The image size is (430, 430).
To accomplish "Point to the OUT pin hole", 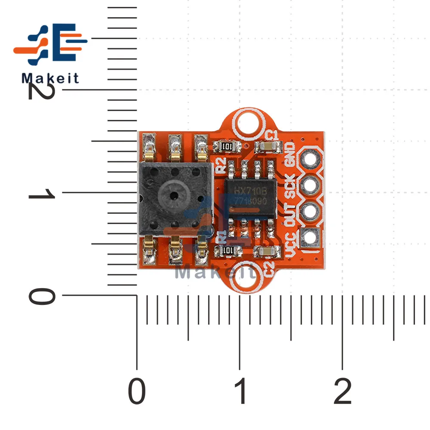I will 310,211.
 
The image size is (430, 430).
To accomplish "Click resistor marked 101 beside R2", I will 223,146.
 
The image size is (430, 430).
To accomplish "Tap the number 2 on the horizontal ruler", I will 343,391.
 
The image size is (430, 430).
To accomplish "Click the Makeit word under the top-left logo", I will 50,78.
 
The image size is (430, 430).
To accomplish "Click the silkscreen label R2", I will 221,164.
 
